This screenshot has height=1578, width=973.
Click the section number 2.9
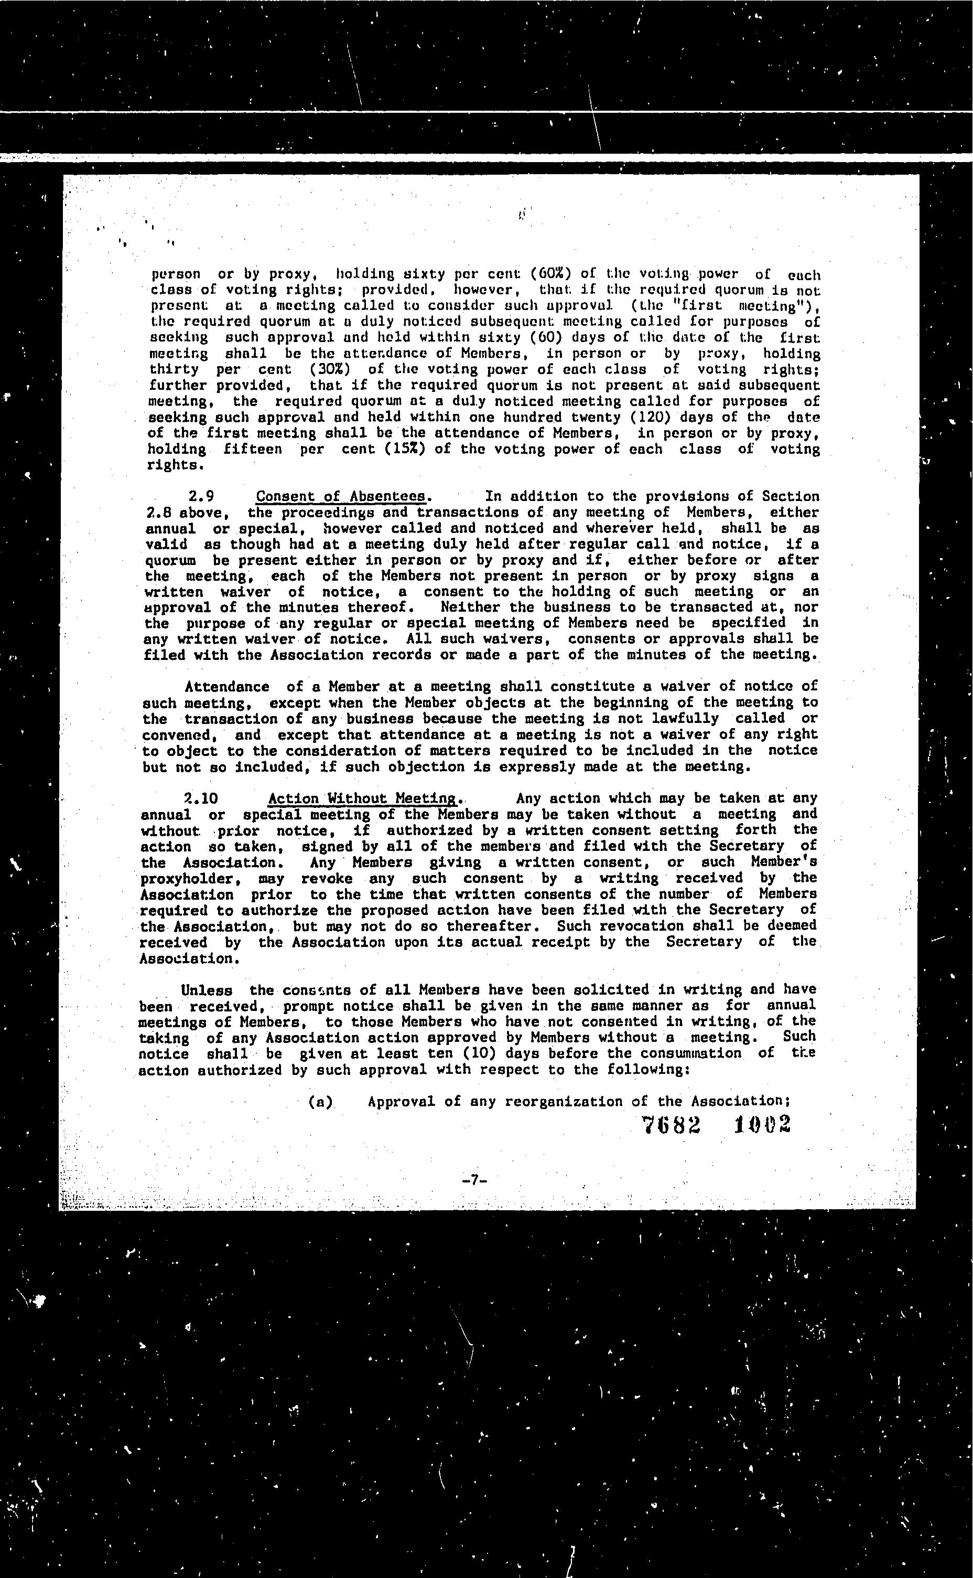201,496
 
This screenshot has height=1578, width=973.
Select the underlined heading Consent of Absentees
341,496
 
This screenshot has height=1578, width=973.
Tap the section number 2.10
201,799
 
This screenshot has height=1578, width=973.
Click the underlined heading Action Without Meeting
362,799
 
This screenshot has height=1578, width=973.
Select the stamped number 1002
762,1124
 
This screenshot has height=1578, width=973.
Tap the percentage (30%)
330,369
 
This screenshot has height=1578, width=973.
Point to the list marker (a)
320,1102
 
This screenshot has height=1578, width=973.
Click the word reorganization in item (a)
563,1102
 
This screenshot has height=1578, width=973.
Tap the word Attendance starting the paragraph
226,687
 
